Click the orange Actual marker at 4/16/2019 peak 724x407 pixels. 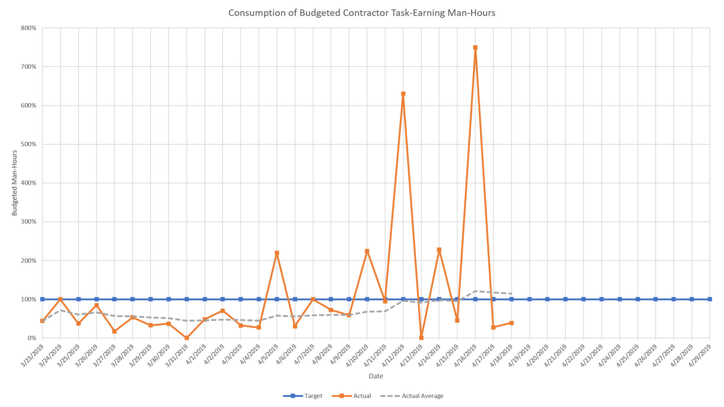tap(475, 48)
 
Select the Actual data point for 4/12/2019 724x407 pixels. tap(403, 94)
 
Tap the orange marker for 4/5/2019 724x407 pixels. tap(277, 253)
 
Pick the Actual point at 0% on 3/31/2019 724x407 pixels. tap(187, 338)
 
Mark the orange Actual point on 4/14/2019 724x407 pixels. tap(439, 250)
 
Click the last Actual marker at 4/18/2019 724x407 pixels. tap(511, 323)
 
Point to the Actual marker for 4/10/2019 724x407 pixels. tap(367, 251)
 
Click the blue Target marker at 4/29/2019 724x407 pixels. tap(710, 299)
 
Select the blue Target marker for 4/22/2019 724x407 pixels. tap(583, 299)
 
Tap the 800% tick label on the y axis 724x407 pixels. tap(29, 28)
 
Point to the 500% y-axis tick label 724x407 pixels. tap(29, 144)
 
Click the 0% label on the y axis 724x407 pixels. tap(32, 338)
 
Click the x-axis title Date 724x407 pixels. tap(376, 376)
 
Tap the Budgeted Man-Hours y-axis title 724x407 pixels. tap(15, 183)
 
